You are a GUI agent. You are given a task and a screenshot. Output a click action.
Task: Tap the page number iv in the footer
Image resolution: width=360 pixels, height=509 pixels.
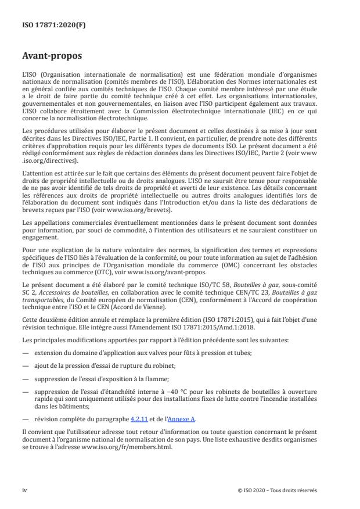click(24, 490)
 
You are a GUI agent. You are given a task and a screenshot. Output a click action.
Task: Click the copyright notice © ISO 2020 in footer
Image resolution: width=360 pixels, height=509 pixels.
click(278, 490)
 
